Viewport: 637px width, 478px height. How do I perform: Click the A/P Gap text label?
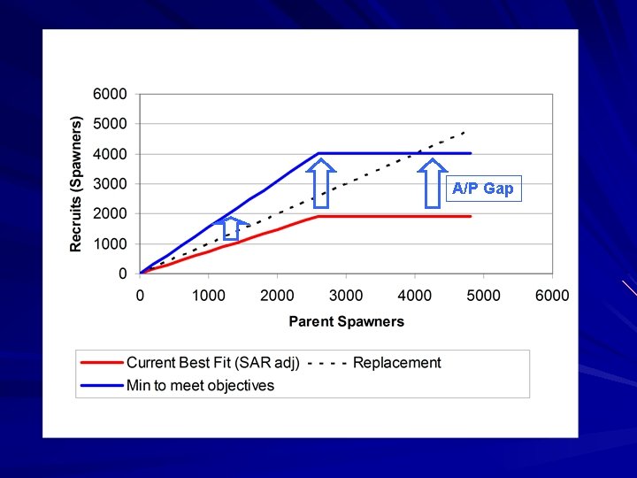tap(483, 189)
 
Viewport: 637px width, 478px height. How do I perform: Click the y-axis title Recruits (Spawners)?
tap(77, 183)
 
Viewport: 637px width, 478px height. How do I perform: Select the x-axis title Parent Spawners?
tap(346, 321)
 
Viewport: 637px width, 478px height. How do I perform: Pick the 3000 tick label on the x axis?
tap(346, 295)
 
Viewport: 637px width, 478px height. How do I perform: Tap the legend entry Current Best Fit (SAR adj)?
tap(213, 362)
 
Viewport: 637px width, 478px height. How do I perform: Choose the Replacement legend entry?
tap(396, 362)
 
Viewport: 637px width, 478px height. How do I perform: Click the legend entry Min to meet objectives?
tap(200, 385)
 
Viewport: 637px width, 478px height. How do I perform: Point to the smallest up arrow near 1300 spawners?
tap(231, 228)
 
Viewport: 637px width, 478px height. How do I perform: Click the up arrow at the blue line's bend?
tap(322, 182)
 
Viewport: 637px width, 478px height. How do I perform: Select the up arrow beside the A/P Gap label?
tap(433, 182)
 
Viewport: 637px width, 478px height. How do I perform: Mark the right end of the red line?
tap(471, 216)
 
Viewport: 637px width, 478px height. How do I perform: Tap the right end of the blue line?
tap(471, 153)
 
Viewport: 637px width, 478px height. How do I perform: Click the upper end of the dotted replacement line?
tap(465, 132)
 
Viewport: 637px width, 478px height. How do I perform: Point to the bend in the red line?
tap(318, 216)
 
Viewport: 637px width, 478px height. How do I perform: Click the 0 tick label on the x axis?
tap(141, 295)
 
